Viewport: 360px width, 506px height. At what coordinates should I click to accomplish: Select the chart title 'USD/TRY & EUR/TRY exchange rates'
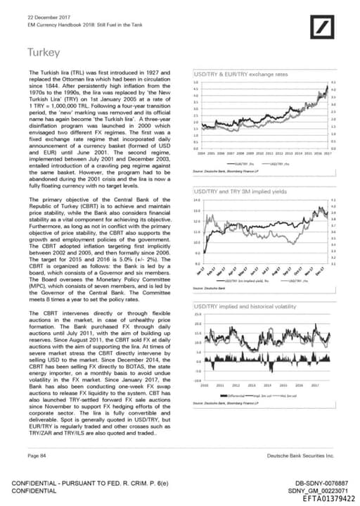tap(238, 74)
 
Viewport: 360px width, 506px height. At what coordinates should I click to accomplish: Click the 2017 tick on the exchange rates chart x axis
tap(327, 152)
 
